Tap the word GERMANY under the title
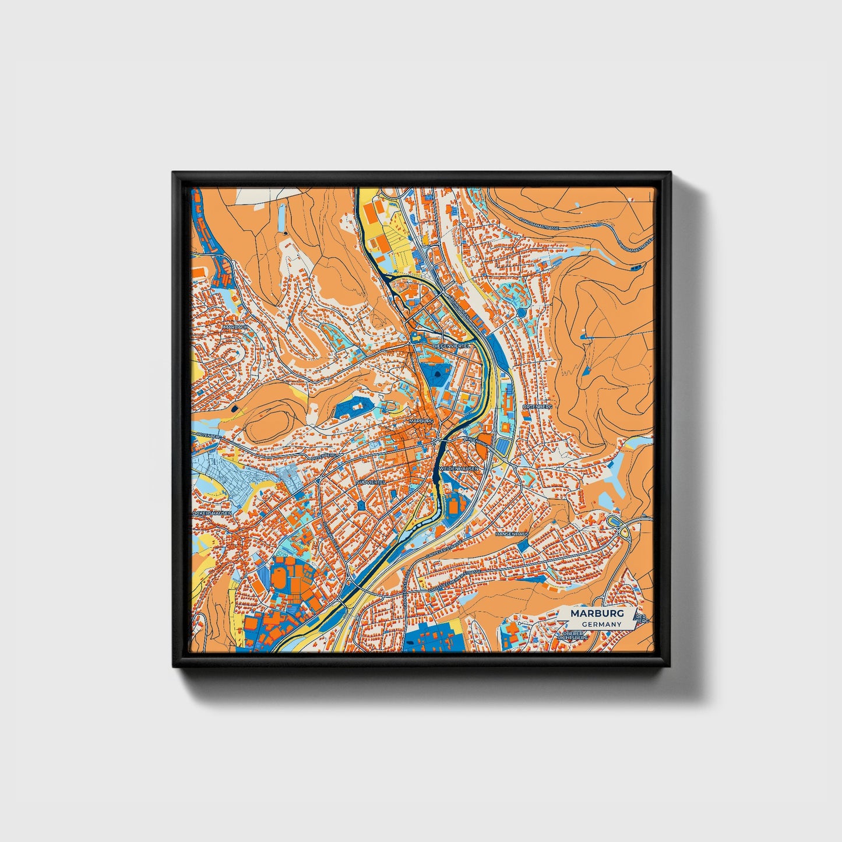pos(601,625)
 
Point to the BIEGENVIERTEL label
pos(451,346)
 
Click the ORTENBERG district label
pos(537,406)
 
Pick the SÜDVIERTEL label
pos(371,482)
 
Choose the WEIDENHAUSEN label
pos(459,468)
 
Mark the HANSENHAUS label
pos(512,534)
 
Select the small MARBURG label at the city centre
pos(421,420)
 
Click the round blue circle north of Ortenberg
pos(521,312)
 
